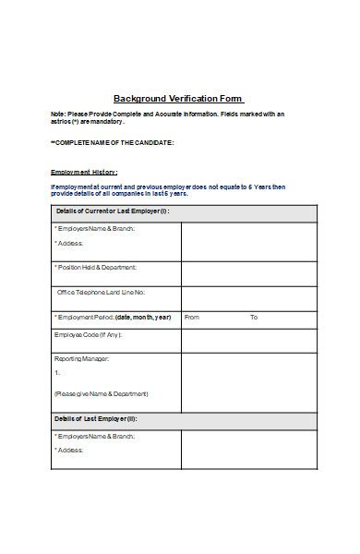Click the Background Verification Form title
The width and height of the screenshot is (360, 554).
pyautogui.click(x=178, y=98)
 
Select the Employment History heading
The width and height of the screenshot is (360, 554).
pyautogui.click(x=84, y=173)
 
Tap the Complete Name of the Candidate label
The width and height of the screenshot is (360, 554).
pyautogui.click(x=112, y=143)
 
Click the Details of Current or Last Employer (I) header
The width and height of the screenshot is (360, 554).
pyautogui.click(x=113, y=212)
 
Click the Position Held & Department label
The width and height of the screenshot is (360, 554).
pyautogui.click(x=96, y=268)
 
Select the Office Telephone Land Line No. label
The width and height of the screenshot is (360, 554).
pyautogui.click(x=102, y=292)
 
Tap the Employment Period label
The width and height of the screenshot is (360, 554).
pyautogui.click(x=114, y=317)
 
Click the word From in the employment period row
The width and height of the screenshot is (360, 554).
pyautogui.click(x=192, y=317)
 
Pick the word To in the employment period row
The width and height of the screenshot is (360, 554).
pyautogui.click(x=254, y=317)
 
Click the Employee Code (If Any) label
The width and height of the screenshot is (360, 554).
pyautogui.click(x=89, y=334)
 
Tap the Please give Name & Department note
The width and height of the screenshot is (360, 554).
pyautogui.click(x=102, y=393)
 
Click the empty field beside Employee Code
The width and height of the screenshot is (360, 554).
pyautogui.click(x=246, y=341)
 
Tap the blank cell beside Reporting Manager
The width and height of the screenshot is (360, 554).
pyautogui.click(x=246, y=380)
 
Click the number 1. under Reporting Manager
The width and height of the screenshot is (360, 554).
pyautogui.click(x=57, y=373)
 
